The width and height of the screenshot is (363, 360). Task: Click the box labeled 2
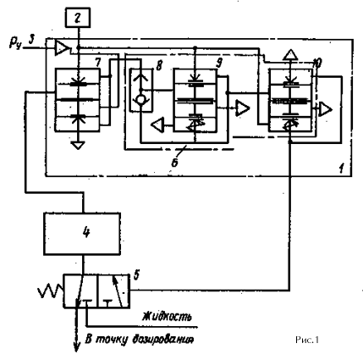(x=78, y=18)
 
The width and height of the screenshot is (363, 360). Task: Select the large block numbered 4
(x=82, y=234)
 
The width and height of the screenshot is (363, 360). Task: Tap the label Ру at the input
(x=15, y=43)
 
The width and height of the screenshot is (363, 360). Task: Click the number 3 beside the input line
(x=32, y=39)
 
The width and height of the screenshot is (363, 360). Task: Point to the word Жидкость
(x=168, y=316)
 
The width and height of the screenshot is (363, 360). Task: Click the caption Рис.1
(x=307, y=340)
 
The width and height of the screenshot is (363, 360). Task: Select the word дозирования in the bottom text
(x=162, y=340)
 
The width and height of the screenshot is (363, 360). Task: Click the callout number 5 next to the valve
(x=137, y=275)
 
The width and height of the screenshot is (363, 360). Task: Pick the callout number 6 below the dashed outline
(x=175, y=163)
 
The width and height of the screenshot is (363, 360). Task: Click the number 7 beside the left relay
(x=97, y=63)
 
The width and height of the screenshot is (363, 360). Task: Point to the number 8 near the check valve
(x=159, y=67)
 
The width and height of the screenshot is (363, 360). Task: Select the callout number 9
(x=219, y=63)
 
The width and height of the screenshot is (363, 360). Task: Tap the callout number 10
(x=318, y=64)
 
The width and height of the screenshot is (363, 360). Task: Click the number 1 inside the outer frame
(x=342, y=169)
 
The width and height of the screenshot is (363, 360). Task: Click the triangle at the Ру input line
(x=62, y=48)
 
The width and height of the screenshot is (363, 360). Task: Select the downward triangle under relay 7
(x=78, y=145)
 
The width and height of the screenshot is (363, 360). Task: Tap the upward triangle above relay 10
(x=290, y=54)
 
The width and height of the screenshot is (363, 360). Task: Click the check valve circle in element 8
(x=140, y=99)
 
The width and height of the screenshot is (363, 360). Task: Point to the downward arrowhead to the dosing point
(x=76, y=346)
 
